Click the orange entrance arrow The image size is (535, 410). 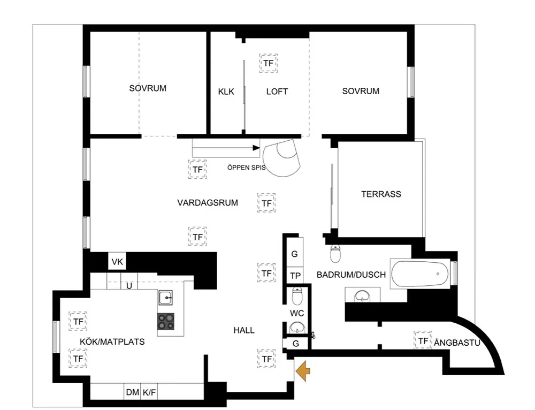(x=303, y=371)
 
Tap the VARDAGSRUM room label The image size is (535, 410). (x=208, y=203)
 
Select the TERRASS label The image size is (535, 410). (x=381, y=194)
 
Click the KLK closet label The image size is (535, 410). (x=226, y=92)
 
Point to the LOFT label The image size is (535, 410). (x=277, y=92)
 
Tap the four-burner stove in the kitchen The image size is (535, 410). (x=166, y=321)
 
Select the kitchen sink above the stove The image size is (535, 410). (x=165, y=298)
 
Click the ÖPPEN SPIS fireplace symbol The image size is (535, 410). (x=282, y=158)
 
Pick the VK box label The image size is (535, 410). (x=117, y=262)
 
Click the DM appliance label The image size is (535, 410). (x=132, y=392)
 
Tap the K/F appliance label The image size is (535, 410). (x=149, y=392)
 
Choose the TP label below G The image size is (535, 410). (x=295, y=276)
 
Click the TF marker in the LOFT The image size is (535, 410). (x=268, y=63)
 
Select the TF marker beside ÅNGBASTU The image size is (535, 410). (x=423, y=340)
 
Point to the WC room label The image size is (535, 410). (x=297, y=313)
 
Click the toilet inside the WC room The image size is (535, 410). (x=297, y=296)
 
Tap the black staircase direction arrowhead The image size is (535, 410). (x=256, y=148)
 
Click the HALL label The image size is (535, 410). (x=244, y=330)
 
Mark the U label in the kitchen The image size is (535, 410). (x=129, y=286)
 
